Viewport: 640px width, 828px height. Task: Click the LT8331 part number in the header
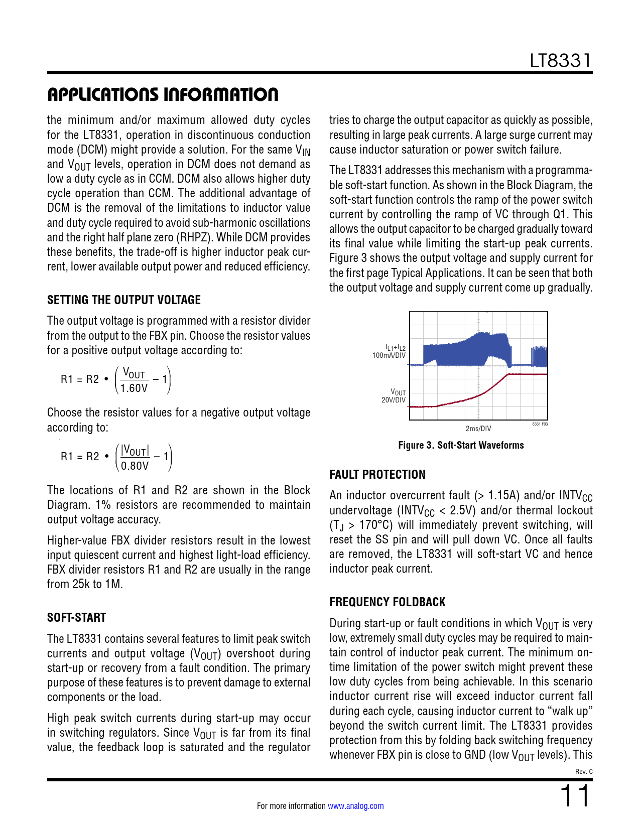561,61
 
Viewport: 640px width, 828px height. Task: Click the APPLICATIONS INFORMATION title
163,94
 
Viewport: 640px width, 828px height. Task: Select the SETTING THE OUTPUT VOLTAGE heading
124,300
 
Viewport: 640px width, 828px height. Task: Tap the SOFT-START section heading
77,618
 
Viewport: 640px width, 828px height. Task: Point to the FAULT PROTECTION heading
377,475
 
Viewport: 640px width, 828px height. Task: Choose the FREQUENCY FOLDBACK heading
388,602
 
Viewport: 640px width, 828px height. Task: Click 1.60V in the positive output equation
134,388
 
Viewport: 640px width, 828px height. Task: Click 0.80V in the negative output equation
135,465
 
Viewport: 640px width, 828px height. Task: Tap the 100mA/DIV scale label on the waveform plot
389,355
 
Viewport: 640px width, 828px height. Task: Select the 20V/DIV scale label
393,400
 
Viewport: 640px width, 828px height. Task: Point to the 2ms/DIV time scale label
478,429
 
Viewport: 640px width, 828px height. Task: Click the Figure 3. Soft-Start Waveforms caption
461,445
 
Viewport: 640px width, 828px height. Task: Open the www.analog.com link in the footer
355,806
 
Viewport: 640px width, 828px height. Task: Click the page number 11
575,796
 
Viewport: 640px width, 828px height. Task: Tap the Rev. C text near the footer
584,771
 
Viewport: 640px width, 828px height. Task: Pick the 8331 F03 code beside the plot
540,424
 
